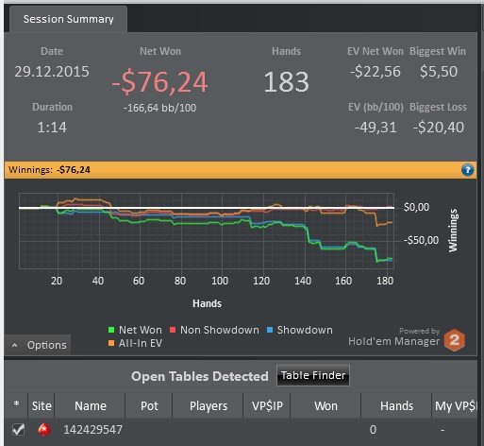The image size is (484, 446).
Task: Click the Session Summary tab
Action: pos(68,19)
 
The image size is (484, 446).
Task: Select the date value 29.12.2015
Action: pos(52,72)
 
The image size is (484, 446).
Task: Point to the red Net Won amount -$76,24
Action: pos(159,82)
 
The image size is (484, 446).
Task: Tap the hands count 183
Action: pos(286,82)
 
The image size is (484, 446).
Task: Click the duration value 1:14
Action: pos(52,128)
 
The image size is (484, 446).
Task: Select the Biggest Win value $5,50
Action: pos(439,72)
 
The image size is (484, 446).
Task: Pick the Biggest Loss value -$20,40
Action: pos(439,128)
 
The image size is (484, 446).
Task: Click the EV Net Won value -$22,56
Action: pos(376,72)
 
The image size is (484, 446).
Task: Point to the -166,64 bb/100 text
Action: pos(159,108)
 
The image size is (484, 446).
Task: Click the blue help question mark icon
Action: pos(467,170)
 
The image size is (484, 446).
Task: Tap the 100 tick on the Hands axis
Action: pos(220,281)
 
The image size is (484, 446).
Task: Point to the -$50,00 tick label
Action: pos(421,240)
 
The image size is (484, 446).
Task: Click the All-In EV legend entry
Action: pos(135,343)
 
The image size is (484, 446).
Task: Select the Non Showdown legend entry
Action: pos(214,330)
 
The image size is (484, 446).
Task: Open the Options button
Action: pos(38,345)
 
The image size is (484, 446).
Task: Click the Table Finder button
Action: pos(313,375)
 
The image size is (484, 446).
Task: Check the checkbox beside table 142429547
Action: pos(18,430)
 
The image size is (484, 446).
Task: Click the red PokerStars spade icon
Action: pos(44,430)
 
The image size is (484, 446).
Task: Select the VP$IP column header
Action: pos(267,406)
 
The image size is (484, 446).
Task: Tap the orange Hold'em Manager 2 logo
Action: pos(454,340)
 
